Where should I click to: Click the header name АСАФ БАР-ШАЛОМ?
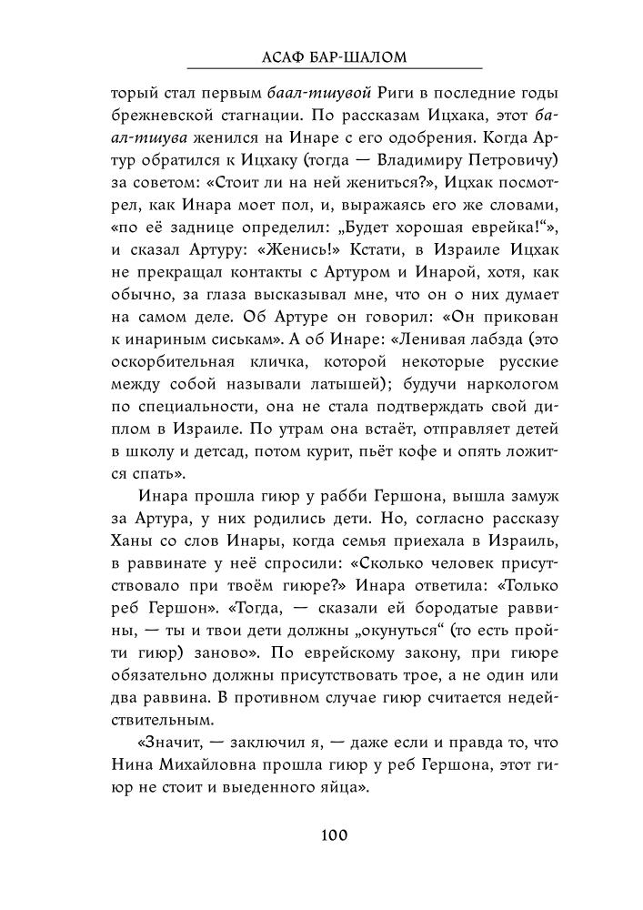click(x=334, y=57)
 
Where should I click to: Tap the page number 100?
click(x=334, y=834)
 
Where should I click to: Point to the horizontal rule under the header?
click(x=334, y=69)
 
